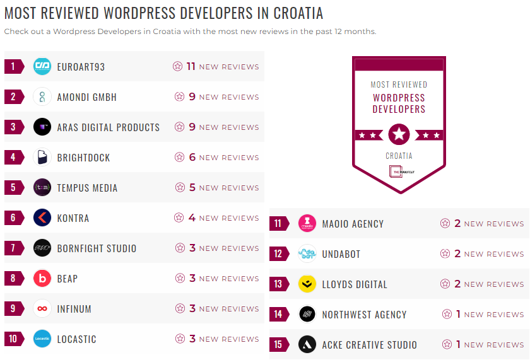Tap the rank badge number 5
coord(13,188)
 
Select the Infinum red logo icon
coord(42,309)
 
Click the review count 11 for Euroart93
coord(191,66)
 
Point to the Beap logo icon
coord(42,279)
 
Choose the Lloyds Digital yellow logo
coord(307,284)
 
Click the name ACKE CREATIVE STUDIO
coord(369,345)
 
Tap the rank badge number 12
coord(278,254)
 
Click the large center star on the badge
coord(399,134)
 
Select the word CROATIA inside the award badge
coord(399,156)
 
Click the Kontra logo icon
coord(42,218)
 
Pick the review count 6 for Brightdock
coord(192,157)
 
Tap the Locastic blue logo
coord(42,339)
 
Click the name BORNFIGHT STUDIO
coord(97,248)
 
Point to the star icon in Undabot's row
coord(445,254)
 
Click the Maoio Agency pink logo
coord(307,224)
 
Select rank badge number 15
coord(278,345)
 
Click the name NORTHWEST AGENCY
coord(364,315)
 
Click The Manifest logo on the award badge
coord(399,171)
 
